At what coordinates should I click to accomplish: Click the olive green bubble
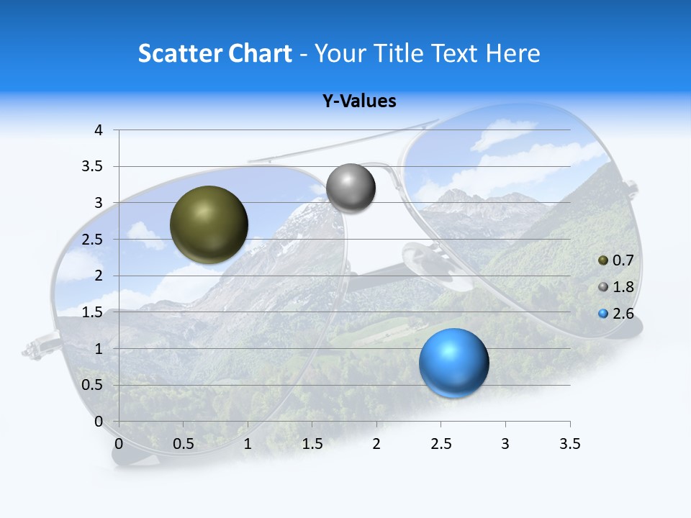click(x=209, y=224)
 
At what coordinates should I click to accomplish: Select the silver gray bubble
click(x=351, y=188)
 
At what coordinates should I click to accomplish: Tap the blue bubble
click(x=453, y=363)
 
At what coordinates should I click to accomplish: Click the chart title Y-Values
click(x=358, y=101)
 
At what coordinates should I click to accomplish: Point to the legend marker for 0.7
click(x=603, y=260)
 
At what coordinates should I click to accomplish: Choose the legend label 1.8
click(x=623, y=287)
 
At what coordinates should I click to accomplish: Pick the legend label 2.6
click(x=623, y=314)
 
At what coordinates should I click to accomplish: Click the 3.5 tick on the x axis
click(x=569, y=444)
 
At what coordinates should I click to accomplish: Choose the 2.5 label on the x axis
click(x=441, y=444)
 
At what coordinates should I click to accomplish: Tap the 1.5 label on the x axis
click(x=312, y=444)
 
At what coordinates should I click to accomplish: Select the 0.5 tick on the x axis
click(x=183, y=444)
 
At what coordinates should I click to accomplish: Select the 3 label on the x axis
click(x=505, y=444)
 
